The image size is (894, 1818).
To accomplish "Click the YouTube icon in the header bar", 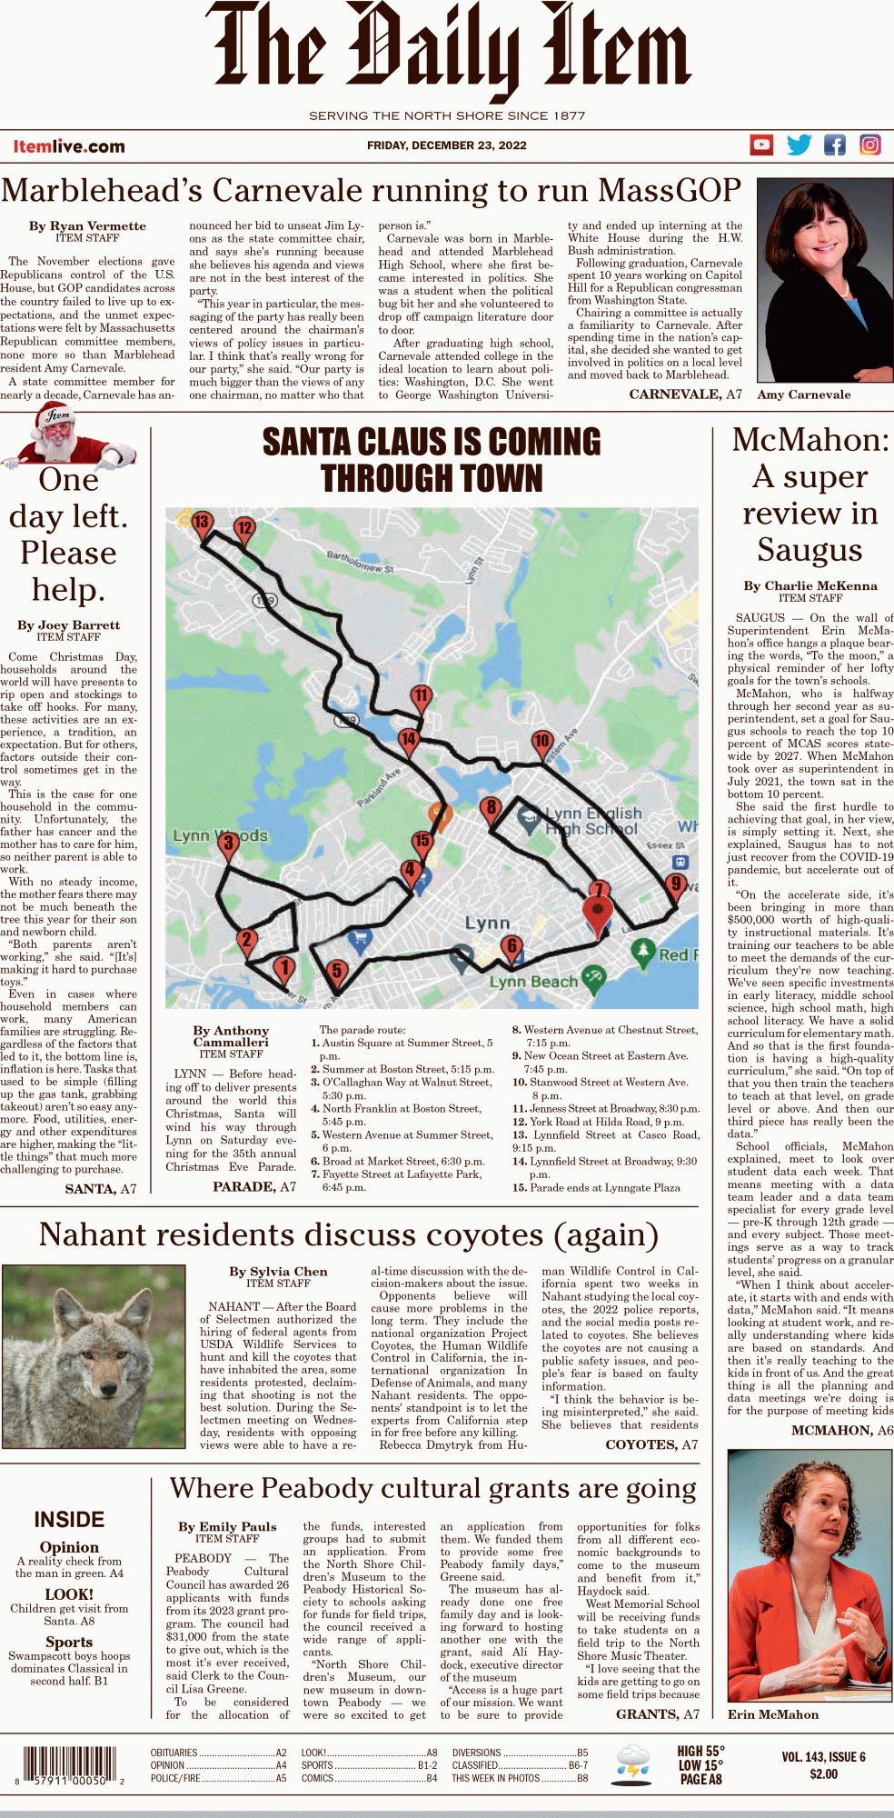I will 761,145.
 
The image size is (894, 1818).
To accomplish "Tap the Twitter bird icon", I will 799,145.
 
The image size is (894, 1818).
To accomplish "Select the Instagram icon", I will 870,145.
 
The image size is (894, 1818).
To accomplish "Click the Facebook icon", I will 834,145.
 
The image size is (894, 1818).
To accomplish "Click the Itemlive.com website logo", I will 69,146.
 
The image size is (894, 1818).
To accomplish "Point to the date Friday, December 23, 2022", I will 447,145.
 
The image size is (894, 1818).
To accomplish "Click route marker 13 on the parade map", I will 201,523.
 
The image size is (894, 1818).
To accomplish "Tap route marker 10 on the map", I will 542,741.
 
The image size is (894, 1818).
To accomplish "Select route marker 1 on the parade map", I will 284,967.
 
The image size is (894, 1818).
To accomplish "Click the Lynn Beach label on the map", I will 533,982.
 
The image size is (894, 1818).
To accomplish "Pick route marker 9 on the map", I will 675,883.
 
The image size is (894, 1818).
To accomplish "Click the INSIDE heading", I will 69,1519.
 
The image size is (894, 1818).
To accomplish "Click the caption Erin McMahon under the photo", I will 772,1714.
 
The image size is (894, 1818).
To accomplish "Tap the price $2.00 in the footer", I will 823,1773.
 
